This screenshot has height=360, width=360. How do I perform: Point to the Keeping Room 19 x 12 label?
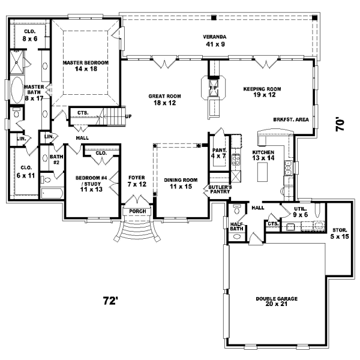(x=262, y=92)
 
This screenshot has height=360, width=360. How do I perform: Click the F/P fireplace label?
(x=212, y=89)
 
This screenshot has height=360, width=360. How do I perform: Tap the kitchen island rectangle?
(x=262, y=173)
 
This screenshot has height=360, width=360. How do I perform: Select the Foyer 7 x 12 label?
(x=137, y=181)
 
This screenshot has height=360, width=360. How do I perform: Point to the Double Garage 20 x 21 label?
(x=277, y=302)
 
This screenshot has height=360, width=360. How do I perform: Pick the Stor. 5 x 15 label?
(x=340, y=233)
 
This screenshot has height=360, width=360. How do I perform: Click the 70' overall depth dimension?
(x=340, y=124)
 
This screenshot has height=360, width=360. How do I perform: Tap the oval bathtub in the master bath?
(x=16, y=89)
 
